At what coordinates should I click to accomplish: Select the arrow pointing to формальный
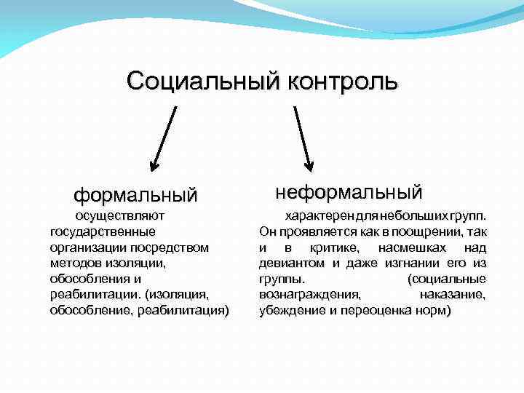pyautogui.click(x=163, y=139)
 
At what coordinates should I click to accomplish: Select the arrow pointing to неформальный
pyautogui.click(x=303, y=139)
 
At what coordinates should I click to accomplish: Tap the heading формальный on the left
pyautogui.click(x=135, y=195)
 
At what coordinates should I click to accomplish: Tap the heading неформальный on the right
pyautogui.click(x=349, y=192)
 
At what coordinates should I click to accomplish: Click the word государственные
pyautogui.click(x=103, y=231)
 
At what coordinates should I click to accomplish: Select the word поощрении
pyautogui.click(x=418, y=232)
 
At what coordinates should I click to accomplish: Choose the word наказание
pyautogui.click(x=453, y=295)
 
